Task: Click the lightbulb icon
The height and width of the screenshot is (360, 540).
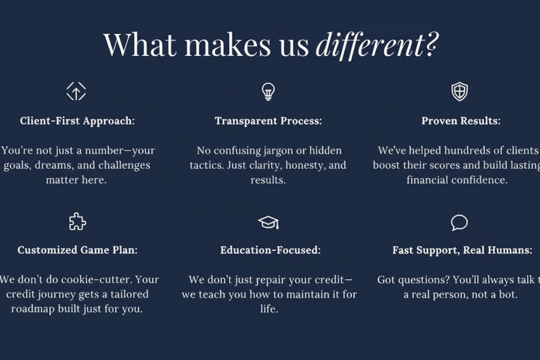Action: (268, 92)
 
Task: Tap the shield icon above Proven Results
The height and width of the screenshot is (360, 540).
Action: (460, 91)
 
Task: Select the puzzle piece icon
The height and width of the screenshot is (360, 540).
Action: (77, 222)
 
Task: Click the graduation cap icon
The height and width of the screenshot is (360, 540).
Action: (269, 222)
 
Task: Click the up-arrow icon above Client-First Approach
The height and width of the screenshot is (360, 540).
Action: (76, 91)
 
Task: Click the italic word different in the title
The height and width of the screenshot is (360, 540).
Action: (370, 46)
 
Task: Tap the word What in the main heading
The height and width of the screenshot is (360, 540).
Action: (140, 45)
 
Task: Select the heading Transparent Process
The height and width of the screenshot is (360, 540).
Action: (268, 121)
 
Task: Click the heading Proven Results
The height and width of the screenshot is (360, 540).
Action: (461, 121)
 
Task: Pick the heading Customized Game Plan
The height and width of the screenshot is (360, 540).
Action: (77, 250)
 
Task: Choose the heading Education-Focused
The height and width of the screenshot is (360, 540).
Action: (270, 250)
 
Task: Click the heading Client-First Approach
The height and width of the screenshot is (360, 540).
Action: (77, 121)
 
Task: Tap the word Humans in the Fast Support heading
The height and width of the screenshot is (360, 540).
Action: (510, 250)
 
